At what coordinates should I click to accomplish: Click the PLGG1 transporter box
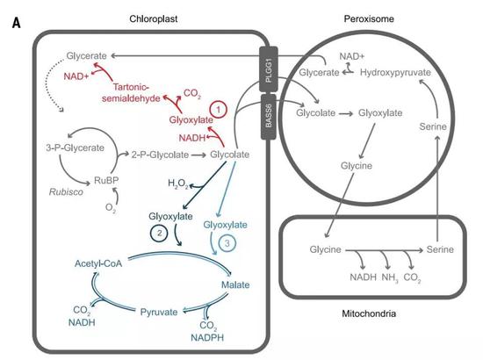tap(269, 69)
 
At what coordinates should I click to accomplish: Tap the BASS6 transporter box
tap(269, 117)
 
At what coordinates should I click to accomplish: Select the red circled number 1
tap(219, 110)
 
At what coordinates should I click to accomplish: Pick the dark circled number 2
tap(159, 234)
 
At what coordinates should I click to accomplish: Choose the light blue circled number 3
tap(227, 243)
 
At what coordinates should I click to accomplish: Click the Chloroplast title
tap(154, 18)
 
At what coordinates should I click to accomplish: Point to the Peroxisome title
tap(369, 18)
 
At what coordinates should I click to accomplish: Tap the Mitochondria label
tap(369, 313)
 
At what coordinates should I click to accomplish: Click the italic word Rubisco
tap(66, 192)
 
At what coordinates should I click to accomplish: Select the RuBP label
tap(106, 180)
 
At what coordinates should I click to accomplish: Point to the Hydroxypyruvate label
tap(395, 73)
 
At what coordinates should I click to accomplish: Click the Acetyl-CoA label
tap(98, 263)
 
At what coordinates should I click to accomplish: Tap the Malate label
tap(235, 284)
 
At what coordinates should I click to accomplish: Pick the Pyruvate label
tap(159, 312)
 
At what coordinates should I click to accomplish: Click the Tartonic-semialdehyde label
tap(131, 92)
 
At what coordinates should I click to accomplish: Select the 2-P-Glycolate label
tap(160, 155)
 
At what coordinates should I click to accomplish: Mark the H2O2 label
tap(178, 184)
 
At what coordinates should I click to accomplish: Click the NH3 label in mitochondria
tap(390, 277)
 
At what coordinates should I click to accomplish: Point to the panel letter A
tap(17, 23)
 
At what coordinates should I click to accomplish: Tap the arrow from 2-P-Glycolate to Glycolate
tap(198, 155)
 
